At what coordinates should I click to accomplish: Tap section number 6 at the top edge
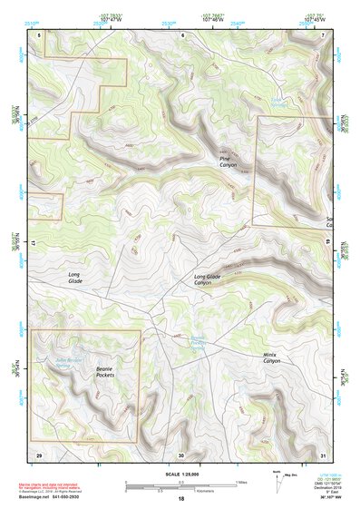point(182,34)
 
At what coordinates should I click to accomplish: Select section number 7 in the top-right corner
point(324,34)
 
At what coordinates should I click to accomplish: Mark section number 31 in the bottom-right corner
point(324,454)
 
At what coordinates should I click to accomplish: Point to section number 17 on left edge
point(34,244)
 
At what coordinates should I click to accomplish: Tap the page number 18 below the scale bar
point(180,499)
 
